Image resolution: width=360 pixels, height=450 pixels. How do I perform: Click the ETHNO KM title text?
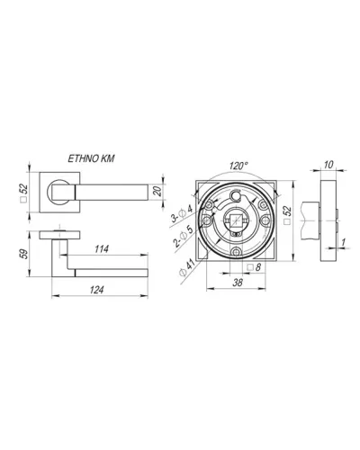pyautogui.click(x=91, y=158)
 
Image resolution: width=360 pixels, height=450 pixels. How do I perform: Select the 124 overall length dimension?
pyautogui.click(x=96, y=290)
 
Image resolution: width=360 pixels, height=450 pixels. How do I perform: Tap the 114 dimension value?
pyautogui.click(x=102, y=249)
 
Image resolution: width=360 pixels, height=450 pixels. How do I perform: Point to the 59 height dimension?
pyautogui.click(x=24, y=254)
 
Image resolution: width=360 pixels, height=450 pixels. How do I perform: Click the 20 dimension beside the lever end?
pyautogui.click(x=157, y=191)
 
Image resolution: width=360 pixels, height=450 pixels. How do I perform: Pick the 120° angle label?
pyautogui.click(x=238, y=166)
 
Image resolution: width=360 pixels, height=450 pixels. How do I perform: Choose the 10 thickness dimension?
pyautogui.click(x=328, y=165)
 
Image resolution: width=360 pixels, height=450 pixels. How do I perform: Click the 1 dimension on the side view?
pyautogui.click(x=344, y=242)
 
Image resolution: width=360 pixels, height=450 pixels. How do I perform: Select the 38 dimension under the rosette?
pyautogui.click(x=238, y=283)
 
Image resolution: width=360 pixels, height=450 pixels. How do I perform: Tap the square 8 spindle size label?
pyautogui.click(x=255, y=267)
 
